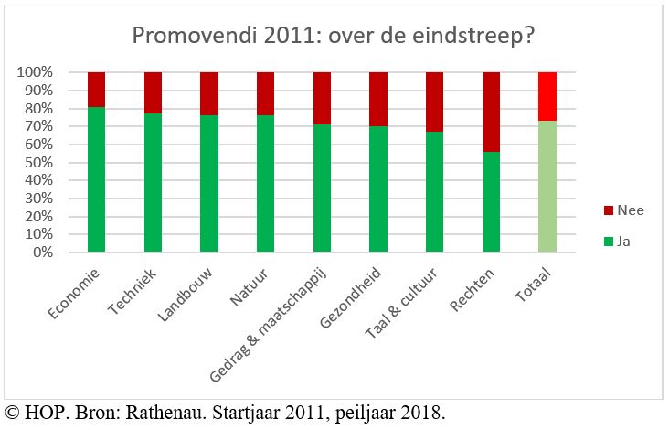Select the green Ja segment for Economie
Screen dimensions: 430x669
[x=97, y=179]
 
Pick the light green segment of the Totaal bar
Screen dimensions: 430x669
[x=547, y=187]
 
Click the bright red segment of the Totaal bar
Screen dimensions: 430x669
[x=547, y=96]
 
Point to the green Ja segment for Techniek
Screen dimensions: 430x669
[x=153, y=182]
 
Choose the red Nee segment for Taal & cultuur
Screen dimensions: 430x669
[x=435, y=102]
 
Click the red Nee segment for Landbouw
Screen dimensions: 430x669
[x=209, y=93]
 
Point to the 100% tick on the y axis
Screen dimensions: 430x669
[x=34, y=72]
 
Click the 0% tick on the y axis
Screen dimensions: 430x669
[x=41, y=252]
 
